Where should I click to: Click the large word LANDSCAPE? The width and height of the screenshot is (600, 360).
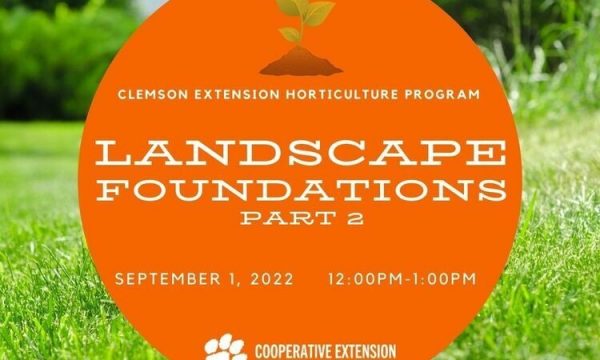click(x=301, y=153)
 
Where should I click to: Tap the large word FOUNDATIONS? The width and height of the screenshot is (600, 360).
click(x=301, y=190)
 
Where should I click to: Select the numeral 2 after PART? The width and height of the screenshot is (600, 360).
click(x=355, y=218)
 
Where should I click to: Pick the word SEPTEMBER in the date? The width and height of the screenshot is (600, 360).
click(x=168, y=279)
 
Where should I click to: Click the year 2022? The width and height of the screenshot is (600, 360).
click(x=272, y=279)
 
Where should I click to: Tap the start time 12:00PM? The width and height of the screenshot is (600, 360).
click(x=365, y=279)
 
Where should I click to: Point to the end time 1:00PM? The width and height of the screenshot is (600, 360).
click(x=443, y=279)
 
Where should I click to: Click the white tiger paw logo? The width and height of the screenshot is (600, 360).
click(x=226, y=347)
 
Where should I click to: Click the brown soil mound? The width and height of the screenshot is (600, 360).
click(x=301, y=62)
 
